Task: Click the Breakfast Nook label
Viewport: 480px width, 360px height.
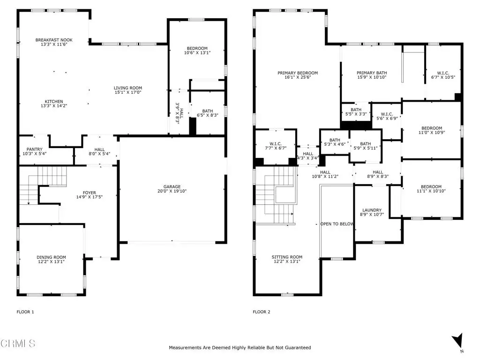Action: (x=54, y=40)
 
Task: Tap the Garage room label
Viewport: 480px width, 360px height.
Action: (x=172, y=187)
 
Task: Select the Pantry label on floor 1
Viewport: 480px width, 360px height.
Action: (x=34, y=150)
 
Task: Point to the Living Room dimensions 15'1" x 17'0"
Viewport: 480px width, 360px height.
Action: (x=128, y=92)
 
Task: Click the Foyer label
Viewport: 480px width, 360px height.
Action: (x=90, y=193)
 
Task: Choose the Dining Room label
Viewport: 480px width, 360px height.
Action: (x=51, y=257)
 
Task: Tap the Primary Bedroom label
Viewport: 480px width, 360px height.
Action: (x=298, y=73)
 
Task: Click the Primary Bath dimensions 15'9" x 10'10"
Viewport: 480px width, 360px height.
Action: (x=372, y=77)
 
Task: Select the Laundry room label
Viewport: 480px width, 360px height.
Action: (x=372, y=210)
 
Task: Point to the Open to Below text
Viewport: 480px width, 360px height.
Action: (x=337, y=224)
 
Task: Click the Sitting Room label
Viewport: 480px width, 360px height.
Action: (x=287, y=257)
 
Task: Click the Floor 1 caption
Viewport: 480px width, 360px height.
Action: (x=25, y=312)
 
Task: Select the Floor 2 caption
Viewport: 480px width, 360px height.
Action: (x=262, y=312)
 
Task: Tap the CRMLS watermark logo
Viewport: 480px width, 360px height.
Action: (x=18, y=343)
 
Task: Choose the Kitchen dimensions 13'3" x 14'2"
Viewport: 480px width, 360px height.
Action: (x=54, y=105)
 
